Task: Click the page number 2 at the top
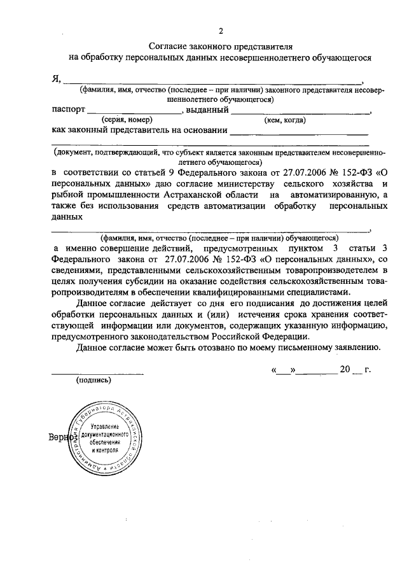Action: [x=221, y=31]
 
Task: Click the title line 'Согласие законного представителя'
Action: [x=221, y=46]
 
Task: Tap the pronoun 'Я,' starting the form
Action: [x=56, y=79]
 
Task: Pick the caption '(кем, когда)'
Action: [x=285, y=120]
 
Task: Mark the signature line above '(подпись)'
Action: [x=97, y=372]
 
